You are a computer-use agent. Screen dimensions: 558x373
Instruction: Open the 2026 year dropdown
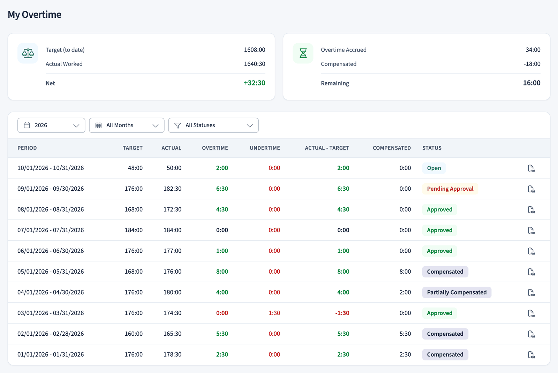pos(51,125)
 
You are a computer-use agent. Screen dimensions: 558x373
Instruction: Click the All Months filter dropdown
pos(127,125)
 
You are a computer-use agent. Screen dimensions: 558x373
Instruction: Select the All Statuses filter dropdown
pos(213,125)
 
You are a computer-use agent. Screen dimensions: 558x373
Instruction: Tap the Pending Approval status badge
pos(450,189)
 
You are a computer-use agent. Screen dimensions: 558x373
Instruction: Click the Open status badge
pos(434,168)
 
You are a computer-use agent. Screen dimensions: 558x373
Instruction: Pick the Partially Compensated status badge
pos(457,292)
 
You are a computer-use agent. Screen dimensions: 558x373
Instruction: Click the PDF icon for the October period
pos(531,168)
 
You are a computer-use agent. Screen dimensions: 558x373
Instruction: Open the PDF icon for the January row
pos(531,355)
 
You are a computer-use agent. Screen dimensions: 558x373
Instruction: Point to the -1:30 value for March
pos(342,313)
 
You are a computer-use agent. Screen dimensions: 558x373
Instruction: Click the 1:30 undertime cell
pos(274,313)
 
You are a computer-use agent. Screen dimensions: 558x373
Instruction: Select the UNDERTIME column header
pos(265,148)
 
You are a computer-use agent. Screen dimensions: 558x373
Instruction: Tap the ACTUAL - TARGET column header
pos(327,148)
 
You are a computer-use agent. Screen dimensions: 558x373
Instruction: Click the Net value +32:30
pos(254,83)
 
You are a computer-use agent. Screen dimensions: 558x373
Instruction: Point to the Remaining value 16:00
pos(531,83)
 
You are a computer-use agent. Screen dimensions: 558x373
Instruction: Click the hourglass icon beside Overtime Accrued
pos(303,53)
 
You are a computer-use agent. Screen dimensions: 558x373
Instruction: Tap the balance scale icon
pos(28,53)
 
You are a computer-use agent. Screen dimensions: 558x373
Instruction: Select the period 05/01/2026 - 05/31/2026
pos(51,272)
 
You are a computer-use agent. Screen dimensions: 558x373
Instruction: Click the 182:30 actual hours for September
pos(172,189)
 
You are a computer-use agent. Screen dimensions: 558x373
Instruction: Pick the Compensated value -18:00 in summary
pos(532,64)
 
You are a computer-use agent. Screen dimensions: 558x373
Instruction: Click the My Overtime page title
pos(35,14)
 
